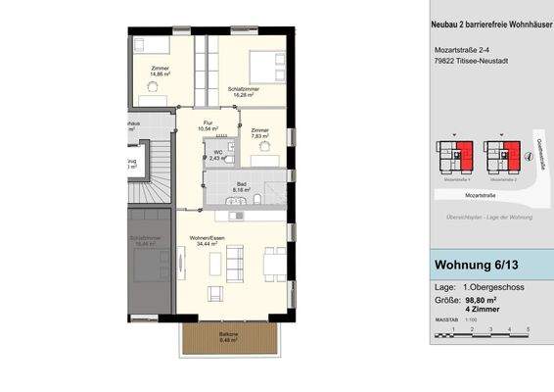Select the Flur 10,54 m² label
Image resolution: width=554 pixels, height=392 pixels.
(x=208, y=125)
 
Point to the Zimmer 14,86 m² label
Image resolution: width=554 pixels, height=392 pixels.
(x=161, y=71)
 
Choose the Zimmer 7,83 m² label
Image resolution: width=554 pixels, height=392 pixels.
(x=259, y=133)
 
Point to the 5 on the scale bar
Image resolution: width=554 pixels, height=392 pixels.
(x=528, y=329)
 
